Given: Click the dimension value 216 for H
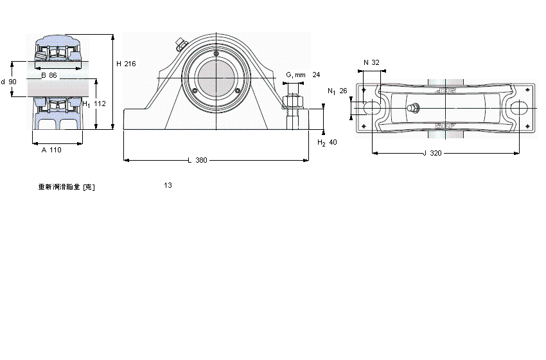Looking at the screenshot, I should pos(130,64).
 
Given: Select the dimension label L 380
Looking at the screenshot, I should pos(197,160).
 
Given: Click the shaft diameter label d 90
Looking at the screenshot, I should pos(9,82).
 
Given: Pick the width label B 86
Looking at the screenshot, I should pos(49,76).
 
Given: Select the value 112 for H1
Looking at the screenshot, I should pos(100,104).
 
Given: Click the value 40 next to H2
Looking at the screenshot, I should pos(333,142).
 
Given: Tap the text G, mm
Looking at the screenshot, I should pos(295,75).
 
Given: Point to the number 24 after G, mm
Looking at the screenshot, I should pos(316,75).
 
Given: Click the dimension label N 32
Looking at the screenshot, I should pos(371,62).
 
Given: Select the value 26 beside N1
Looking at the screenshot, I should pos(343,91).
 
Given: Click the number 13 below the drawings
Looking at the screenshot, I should pos(168,185).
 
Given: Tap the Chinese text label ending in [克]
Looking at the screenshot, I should pos(67,186).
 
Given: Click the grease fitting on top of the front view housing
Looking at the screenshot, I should pos(180,44).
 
